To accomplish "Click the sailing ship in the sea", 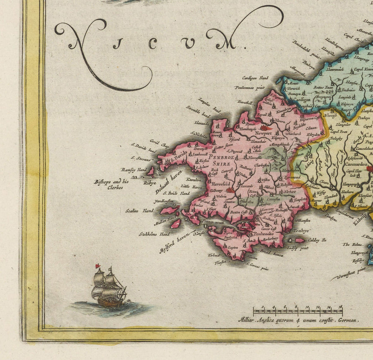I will pyautogui.click(x=109, y=288).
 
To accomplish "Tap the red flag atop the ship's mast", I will pyautogui.click(x=98, y=266).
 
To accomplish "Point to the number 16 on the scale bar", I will pyautogui.click(x=340, y=307).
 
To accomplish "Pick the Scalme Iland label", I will pyautogui.click(x=140, y=210).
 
